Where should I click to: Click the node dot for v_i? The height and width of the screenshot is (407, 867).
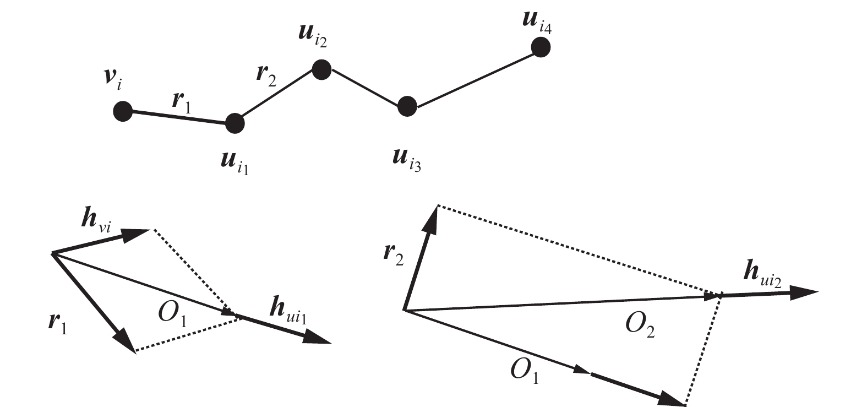tap(122, 112)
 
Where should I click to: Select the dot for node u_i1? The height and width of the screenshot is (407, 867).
tap(235, 123)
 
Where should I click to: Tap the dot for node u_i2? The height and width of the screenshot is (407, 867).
tap(321, 69)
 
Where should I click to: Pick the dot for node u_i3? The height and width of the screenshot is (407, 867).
tap(407, 106)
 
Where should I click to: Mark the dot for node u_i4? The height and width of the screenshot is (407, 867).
tap(541, 48)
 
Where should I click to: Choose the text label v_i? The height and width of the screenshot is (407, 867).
tap(113, 80)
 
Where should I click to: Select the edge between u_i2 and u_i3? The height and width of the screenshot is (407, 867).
tap(364, 88)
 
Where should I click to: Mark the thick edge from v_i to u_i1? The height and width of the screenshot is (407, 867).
tap(178, 117)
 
